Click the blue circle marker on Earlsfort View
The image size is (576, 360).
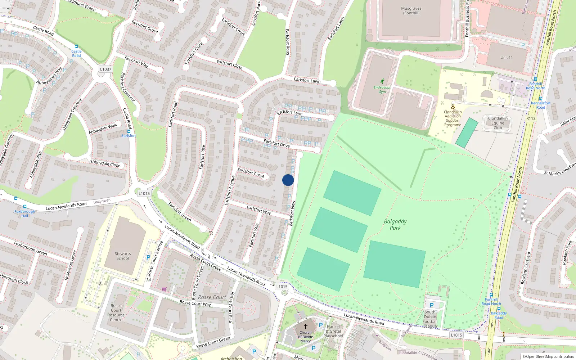288,180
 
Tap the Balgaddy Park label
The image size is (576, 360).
395,225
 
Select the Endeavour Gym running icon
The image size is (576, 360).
382,81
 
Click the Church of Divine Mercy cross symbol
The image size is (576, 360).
306,326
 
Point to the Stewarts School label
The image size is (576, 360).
123,256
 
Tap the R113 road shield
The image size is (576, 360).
531,118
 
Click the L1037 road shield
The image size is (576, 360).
105,69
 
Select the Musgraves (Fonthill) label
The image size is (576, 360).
411,11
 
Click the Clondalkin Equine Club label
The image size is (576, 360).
498,123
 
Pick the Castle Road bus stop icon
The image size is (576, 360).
76,46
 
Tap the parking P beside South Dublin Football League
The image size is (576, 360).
432,305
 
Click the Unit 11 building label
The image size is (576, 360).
506,57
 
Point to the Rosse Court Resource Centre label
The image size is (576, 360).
116,312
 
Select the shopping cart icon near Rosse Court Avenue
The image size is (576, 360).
164,289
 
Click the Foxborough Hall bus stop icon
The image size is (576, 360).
24,207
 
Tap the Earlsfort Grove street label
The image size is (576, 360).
251,173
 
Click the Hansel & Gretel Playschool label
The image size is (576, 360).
333,331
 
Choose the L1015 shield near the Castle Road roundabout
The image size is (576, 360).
144,193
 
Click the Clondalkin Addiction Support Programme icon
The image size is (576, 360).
453,107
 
